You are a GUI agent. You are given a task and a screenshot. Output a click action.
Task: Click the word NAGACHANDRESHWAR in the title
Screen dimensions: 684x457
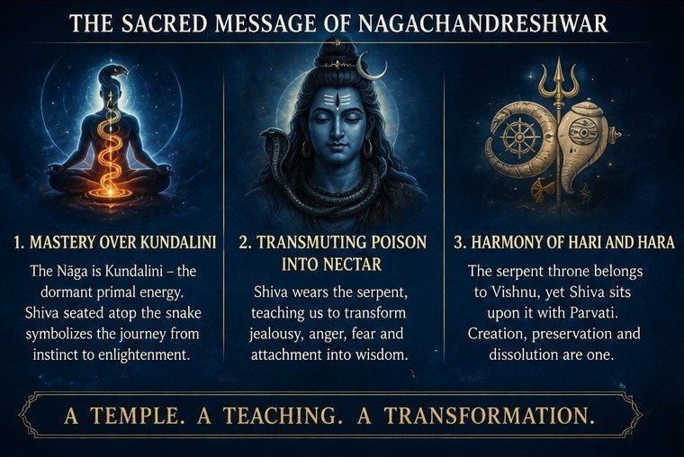482,23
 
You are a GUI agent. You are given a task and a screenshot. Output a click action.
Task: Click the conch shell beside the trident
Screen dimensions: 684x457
584,144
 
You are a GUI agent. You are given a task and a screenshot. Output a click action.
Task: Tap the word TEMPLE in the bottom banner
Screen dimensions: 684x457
136,415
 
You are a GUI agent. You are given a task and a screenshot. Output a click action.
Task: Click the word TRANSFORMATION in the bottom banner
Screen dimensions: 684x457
490,415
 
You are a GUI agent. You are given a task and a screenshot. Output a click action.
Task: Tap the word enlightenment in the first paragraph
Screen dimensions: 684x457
144,354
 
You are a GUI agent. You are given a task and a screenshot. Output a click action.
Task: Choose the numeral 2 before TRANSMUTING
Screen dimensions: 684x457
243,243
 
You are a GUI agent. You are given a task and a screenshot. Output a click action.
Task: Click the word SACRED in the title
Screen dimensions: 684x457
164,23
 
